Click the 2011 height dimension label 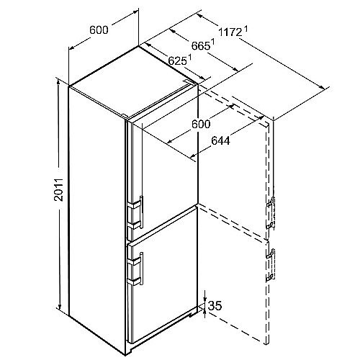click(58, 189)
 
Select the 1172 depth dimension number click(230, 32)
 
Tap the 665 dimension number click(201, 45)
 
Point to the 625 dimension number click(177, 60)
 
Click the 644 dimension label click(220, 141)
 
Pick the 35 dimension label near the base click(215, 306)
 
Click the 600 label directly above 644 click(201, 124)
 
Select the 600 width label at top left click(99, 30)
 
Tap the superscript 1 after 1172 click(246, 30)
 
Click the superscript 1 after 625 click(189, 58)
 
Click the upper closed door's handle click(142, 212)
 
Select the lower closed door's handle click(142, 269)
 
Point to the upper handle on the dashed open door click(271, 212)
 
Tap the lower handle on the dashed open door click(271, 265)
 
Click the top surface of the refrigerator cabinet click(133, 81)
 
